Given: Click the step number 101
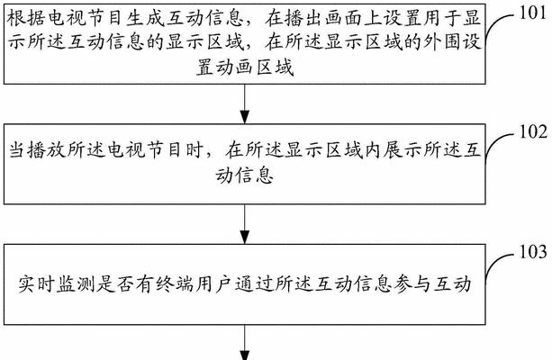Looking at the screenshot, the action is coord(533,13).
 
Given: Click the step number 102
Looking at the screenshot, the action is coord(533,132).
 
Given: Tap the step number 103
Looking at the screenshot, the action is coord(533,252).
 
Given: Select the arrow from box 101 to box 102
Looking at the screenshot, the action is coord(245,103).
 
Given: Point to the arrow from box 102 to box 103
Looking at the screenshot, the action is coord(245,224).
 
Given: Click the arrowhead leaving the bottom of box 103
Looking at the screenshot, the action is coord(245,355).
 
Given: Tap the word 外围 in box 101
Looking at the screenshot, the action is coord(441,42).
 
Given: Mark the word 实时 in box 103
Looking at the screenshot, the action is coord(36,284).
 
